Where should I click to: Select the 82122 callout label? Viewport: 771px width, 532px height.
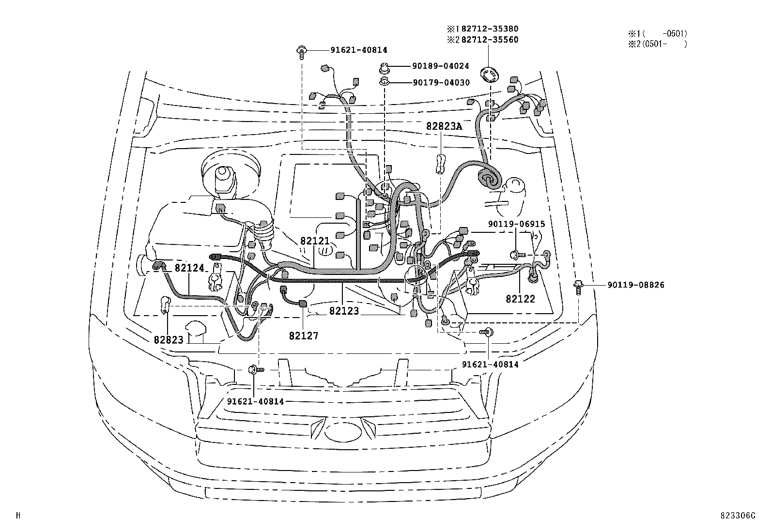coord(521,299)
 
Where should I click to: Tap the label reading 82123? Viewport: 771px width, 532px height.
coord(344,311)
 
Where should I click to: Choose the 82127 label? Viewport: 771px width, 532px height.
coord(304,335)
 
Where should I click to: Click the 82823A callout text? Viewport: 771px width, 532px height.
coord(444,126)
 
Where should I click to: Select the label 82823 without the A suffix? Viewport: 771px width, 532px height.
coord(169,340)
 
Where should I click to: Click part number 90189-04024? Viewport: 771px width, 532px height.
coord(441,66)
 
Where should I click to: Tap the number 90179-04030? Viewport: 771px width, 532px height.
coord(441,83)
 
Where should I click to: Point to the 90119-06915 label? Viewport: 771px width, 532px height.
coord(516,224)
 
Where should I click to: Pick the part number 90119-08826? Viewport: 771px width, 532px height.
coord(636,285)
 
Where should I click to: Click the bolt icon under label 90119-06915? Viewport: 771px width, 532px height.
coord(515,254)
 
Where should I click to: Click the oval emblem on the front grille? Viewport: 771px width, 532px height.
coord(343,432)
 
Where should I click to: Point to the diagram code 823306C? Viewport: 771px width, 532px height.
coord(738,516)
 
